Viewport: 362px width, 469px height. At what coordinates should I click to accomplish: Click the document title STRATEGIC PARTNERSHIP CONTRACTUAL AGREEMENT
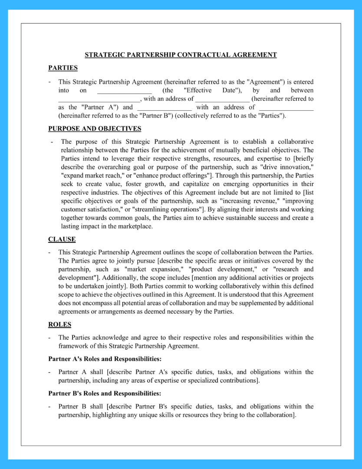click(181, 55)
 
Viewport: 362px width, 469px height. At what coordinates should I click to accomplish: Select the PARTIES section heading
click(63, 68)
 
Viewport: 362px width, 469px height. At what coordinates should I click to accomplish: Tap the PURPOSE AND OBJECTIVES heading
click(95, 129)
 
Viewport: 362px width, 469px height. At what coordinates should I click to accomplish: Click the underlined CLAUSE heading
click(62, 239)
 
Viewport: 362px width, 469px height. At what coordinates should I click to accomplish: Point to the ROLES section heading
click(59, 324)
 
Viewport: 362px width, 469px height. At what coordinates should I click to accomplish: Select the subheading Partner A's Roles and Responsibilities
click(105, 359)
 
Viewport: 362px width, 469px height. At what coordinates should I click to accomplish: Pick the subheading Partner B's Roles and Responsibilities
click(105, 393)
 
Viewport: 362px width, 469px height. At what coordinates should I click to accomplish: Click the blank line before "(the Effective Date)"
click(124, 91)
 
